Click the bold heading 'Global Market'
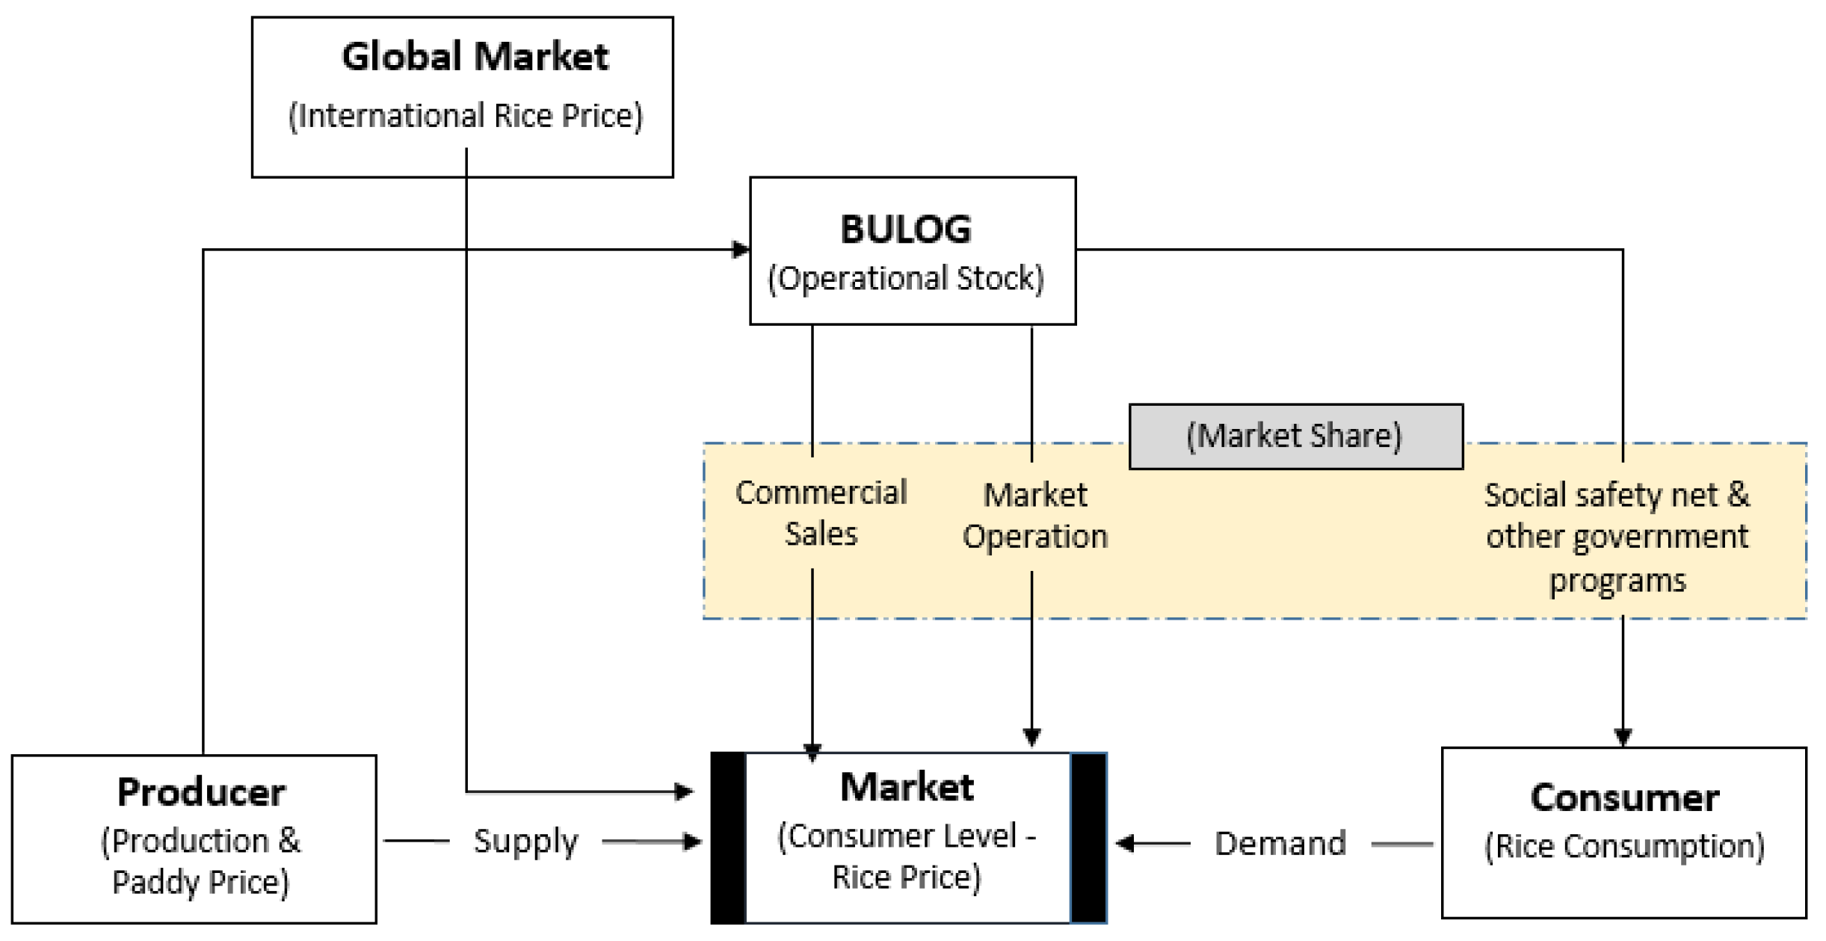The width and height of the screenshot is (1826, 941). [475, 57]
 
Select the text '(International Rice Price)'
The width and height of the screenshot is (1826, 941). [465, 116]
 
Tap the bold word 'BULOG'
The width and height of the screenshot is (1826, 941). [905, 229]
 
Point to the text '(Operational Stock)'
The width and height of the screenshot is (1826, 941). [905, 278]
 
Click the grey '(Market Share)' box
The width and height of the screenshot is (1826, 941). [1295, 436]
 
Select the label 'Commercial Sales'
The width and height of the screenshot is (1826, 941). [821, 513]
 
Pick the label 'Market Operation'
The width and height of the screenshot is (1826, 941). [1034, 516]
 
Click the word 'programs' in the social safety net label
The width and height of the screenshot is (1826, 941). [1617, 580]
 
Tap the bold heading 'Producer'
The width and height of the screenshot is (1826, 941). [201, 792]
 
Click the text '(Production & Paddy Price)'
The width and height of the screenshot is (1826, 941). [200, 861]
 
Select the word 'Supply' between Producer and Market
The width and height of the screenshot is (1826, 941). [525, 842]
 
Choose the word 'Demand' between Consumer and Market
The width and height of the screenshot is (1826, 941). [1280, 844]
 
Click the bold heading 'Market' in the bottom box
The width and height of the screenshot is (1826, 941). [906, 787]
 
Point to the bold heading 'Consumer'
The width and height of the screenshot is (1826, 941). [1623, 797]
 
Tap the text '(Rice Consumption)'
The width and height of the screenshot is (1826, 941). [1623, 846]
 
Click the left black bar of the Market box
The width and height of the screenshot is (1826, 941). [727, 837]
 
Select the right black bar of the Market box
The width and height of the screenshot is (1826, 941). [1088, 837]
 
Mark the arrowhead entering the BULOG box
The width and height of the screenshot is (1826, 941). [740, 250]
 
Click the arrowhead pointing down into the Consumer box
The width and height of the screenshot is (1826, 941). [1622, 737]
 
